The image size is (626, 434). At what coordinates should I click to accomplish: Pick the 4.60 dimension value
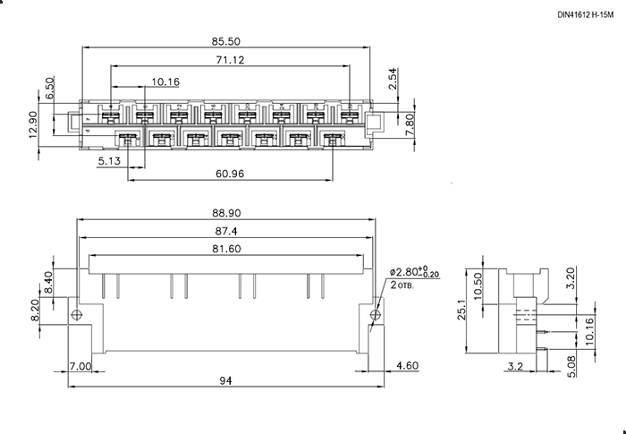pos(407,366)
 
